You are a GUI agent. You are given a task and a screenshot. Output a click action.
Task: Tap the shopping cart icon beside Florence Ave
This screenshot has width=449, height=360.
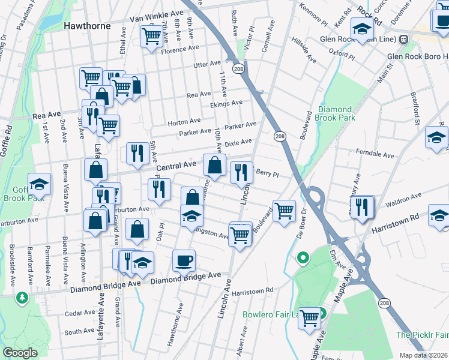pos(151,36)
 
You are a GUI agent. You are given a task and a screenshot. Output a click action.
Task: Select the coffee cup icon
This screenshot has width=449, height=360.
pos(184,260)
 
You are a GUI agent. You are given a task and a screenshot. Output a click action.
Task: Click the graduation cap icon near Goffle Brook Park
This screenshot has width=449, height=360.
pos(40,184)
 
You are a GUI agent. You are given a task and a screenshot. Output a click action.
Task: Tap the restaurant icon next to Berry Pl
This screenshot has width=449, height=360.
pos(241,173)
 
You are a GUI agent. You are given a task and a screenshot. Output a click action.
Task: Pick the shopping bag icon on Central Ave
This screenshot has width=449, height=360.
pos(214,164)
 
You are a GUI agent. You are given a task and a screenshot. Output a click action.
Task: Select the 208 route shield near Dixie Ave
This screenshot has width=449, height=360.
pos(280,137)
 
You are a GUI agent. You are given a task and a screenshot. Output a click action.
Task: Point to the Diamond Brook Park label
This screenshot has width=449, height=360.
pos(334,113)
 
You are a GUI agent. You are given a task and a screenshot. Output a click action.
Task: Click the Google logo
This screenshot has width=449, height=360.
pos(20,353)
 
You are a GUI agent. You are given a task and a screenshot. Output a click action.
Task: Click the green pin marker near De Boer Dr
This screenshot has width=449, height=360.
pos(304,258)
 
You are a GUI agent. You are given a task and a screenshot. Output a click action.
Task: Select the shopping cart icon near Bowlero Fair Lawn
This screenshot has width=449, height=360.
pos(310,317)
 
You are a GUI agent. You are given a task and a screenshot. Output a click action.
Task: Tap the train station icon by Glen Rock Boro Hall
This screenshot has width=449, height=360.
pos(403,39)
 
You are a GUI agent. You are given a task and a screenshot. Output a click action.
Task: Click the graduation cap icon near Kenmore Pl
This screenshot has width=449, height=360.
pos(362,28)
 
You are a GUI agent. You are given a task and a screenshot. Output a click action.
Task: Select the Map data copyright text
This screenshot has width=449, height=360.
pos(420,355)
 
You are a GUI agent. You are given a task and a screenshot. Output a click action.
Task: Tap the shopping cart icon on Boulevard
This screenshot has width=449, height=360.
pos(283,210)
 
